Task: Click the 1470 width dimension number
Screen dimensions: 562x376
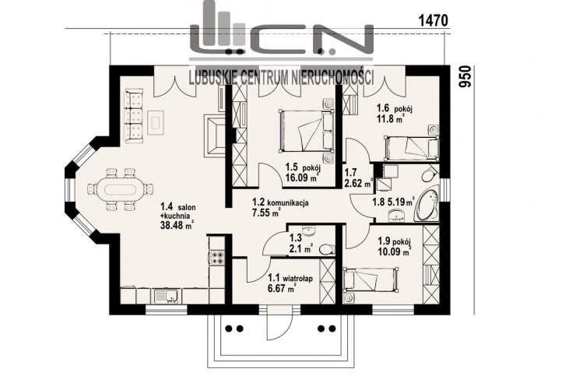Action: tap(434, 21)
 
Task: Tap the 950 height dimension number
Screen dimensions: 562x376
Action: tap(465, 77)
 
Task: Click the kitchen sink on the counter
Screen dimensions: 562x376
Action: tap(167, 296)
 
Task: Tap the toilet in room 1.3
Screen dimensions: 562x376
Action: tap(326, 249)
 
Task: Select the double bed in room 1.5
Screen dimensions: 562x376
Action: tap(306, 131)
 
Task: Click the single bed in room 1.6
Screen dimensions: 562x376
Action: tap(412, 147)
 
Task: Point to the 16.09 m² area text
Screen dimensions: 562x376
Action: tap(302, 177)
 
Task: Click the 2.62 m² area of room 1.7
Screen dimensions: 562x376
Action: tap(358, 184)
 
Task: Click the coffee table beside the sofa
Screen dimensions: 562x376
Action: tap(156, 122)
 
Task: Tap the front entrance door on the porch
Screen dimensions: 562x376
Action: tap(280, 322)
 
